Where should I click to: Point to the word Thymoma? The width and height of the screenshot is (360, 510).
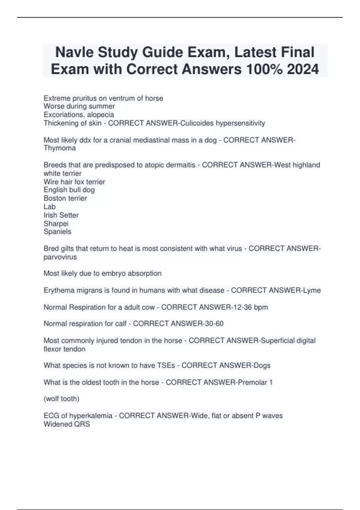pos(60,148)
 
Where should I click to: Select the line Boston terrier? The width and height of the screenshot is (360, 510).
pos(65,198)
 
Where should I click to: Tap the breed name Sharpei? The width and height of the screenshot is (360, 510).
pos(56,223)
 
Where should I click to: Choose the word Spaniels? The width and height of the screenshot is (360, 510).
pos(57,232)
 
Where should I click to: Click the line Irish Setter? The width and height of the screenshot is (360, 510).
pos(61,215)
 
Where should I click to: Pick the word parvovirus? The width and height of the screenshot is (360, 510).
pos(60,257)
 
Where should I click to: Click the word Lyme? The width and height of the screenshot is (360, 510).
pos(312,290)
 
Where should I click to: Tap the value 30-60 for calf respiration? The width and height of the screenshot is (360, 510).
pos(213,324)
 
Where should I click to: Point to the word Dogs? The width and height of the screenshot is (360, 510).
pos(262,365)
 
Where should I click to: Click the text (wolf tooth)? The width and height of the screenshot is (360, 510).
pos(61,399)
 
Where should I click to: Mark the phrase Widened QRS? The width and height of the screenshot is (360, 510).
pos(67,424)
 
